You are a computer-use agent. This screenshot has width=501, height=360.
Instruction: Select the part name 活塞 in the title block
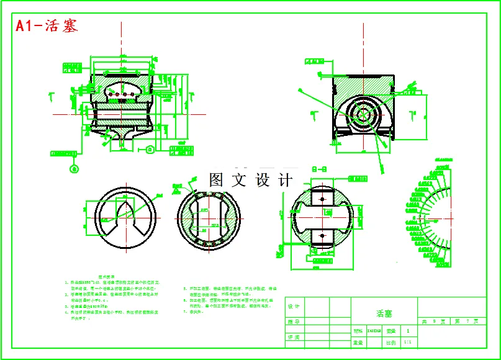tap(384, 314)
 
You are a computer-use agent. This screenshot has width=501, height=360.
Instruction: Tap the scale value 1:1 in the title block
tap(407, 342)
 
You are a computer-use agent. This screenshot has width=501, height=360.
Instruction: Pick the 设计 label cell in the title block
tap(294, 306)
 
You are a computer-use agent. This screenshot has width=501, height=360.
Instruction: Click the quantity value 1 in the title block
tap(407, 331)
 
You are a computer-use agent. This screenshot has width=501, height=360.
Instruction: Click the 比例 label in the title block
tap(390, 342)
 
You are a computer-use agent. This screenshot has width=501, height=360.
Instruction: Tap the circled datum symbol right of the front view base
tap(150, 148)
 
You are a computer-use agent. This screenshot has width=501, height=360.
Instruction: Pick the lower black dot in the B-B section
tap(322, 236)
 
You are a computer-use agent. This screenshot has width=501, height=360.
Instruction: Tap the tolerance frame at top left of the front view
tap(73, 66)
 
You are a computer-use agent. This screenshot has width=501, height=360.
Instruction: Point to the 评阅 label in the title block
tap(294, 337)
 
